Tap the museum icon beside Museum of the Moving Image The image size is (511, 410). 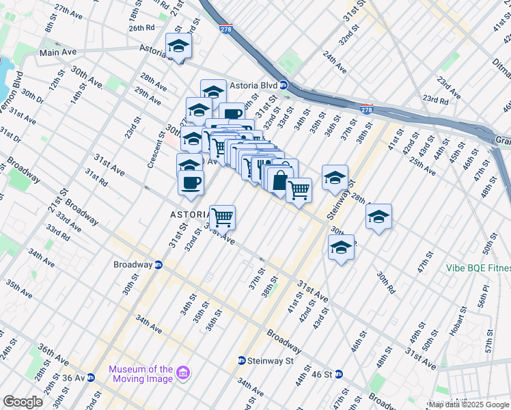183,373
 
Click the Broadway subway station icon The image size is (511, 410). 158,264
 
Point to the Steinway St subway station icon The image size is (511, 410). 242,360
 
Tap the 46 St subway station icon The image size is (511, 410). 340,374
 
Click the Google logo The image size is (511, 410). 23,402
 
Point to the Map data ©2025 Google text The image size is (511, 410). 468,405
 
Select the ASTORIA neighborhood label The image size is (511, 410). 189,215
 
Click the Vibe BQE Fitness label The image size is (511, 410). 478,269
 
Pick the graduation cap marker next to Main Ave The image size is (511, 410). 178,46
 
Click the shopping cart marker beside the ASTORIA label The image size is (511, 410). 222,218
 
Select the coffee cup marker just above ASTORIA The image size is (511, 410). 191,182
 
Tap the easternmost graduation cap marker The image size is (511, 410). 378,217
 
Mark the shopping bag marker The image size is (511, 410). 280,181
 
